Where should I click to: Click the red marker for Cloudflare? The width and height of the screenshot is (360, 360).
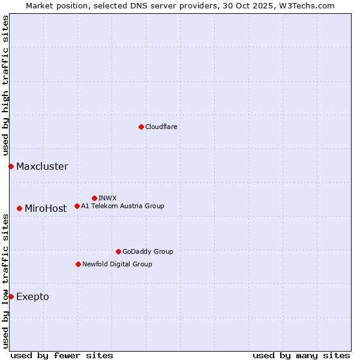tap(141, 127)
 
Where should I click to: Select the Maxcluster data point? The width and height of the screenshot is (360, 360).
tap(11, 166)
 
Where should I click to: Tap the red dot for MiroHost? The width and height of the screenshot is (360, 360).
tap(20, 208)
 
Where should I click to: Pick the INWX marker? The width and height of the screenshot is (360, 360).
tap(94, 198)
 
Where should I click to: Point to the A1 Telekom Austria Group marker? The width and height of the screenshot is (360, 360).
tap(77, 206)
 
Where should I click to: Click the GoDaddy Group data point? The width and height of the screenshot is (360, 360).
tap(118, 251)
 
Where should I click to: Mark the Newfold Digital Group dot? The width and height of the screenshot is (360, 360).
tap(78, 264)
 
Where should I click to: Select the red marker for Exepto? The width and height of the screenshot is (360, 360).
tap(11, 296)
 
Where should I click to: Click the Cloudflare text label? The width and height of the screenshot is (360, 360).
tap(161, 127)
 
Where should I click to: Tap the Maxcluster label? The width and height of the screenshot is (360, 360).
tap(42, 167)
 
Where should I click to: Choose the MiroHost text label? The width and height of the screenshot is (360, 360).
tap(46, 209)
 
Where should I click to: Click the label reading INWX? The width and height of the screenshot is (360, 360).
tap(107, 198)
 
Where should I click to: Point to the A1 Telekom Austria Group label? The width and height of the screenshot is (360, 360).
tap(122, 206)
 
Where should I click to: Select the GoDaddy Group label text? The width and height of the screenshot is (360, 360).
tap(148, 251)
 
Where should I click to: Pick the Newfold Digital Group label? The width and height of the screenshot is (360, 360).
tap(117, 264)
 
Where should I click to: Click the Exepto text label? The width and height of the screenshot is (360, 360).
tap(32, 297)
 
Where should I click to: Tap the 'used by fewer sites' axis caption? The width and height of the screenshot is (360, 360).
tap(62, 355)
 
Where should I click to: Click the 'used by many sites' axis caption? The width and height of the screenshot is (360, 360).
tap(301, 355)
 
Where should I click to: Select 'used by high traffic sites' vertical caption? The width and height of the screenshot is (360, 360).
tap(6, 86)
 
